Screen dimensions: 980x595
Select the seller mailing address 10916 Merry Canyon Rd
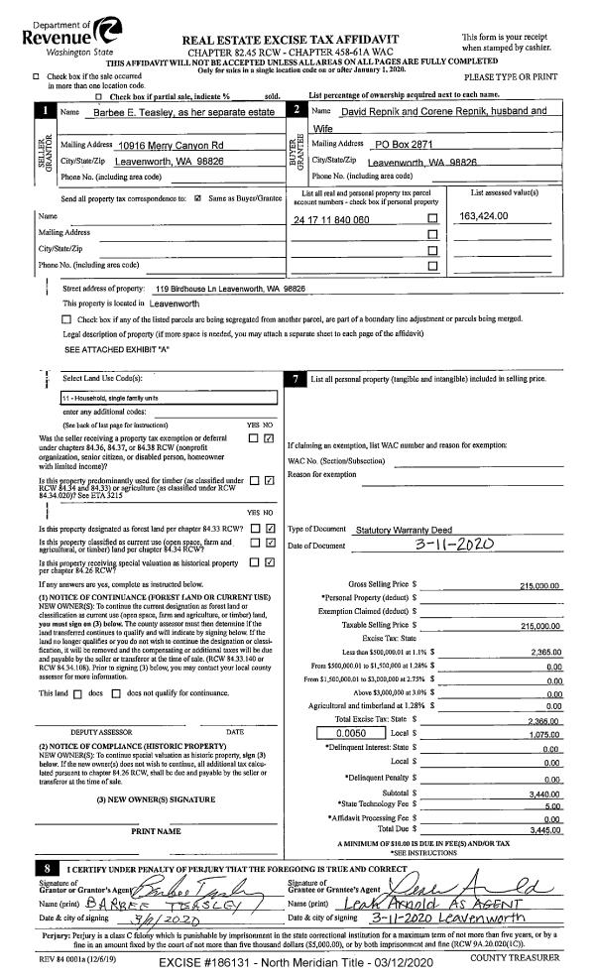(x=171, y=146)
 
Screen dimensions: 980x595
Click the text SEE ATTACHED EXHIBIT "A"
(x=109, y=350)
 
